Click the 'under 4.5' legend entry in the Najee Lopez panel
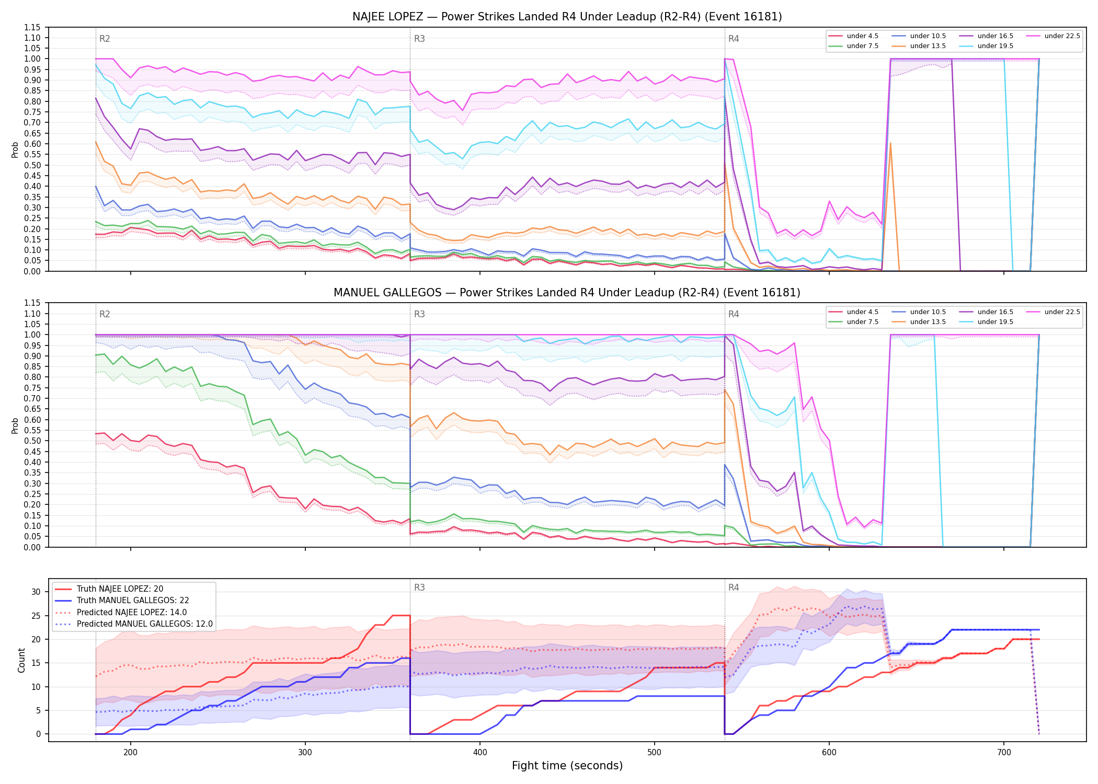854,36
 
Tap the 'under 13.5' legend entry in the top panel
919,46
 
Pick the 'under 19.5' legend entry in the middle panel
986,322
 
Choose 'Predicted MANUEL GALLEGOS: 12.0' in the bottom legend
133,624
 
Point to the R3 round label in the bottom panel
419,587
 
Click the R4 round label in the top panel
734,39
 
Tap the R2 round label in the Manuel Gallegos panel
105,314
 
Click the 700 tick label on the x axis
1004,753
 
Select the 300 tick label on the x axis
305,753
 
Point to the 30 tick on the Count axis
36,592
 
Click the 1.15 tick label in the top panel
32,27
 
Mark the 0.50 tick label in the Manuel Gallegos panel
32,441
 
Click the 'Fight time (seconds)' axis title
567,766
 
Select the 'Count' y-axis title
21,660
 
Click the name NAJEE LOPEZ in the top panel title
387,17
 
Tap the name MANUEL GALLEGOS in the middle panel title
387,293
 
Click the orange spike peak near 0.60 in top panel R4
890,143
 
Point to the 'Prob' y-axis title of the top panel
15,149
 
